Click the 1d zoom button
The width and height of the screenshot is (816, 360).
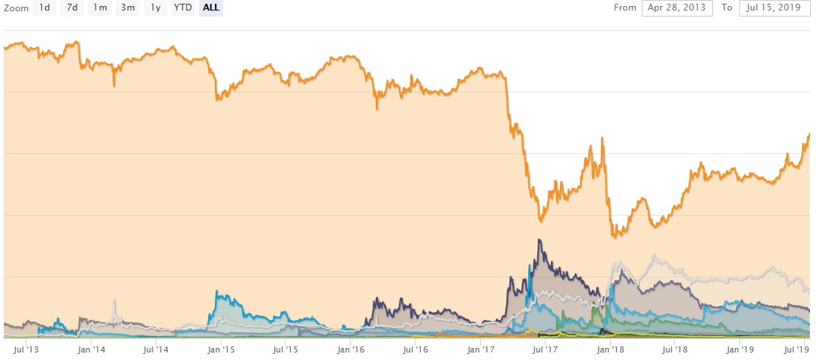(44, 8)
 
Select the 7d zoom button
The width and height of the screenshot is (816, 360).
(72, 8)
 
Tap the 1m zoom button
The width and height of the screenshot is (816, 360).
(100, 8)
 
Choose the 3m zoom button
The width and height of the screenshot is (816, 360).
(128, 8)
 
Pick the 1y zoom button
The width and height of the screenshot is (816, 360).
(156, 8)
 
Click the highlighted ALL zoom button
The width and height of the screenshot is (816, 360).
(211, 8)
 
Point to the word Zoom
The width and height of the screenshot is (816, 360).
(15, 8)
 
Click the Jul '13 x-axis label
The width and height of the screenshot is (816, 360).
(26, 349)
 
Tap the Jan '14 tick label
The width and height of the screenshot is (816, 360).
(91, 349)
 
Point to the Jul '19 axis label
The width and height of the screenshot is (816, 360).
(796, 349)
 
